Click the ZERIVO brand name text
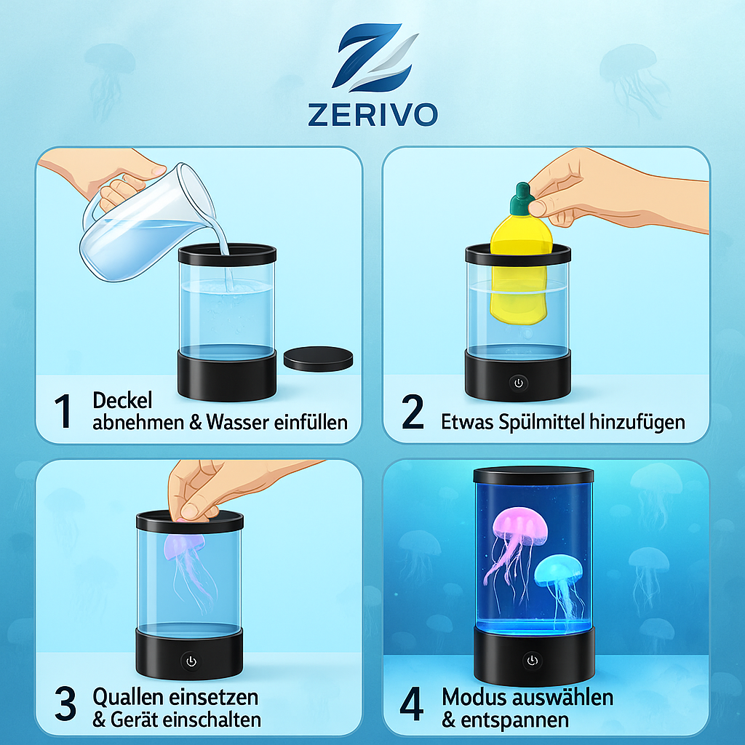tap(373, 115)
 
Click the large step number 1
tap(63, 411)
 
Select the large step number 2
tap(413, 412)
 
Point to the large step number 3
tap(65, 704)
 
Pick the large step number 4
tap(412, 704)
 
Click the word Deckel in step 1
tap(122, 401)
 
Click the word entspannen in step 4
tap(514, 720)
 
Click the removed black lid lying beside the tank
tap(319, 359)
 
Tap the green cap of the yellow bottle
tap(522, 199)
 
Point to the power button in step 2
tap(518, 383)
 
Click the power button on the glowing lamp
tap(532, 661)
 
